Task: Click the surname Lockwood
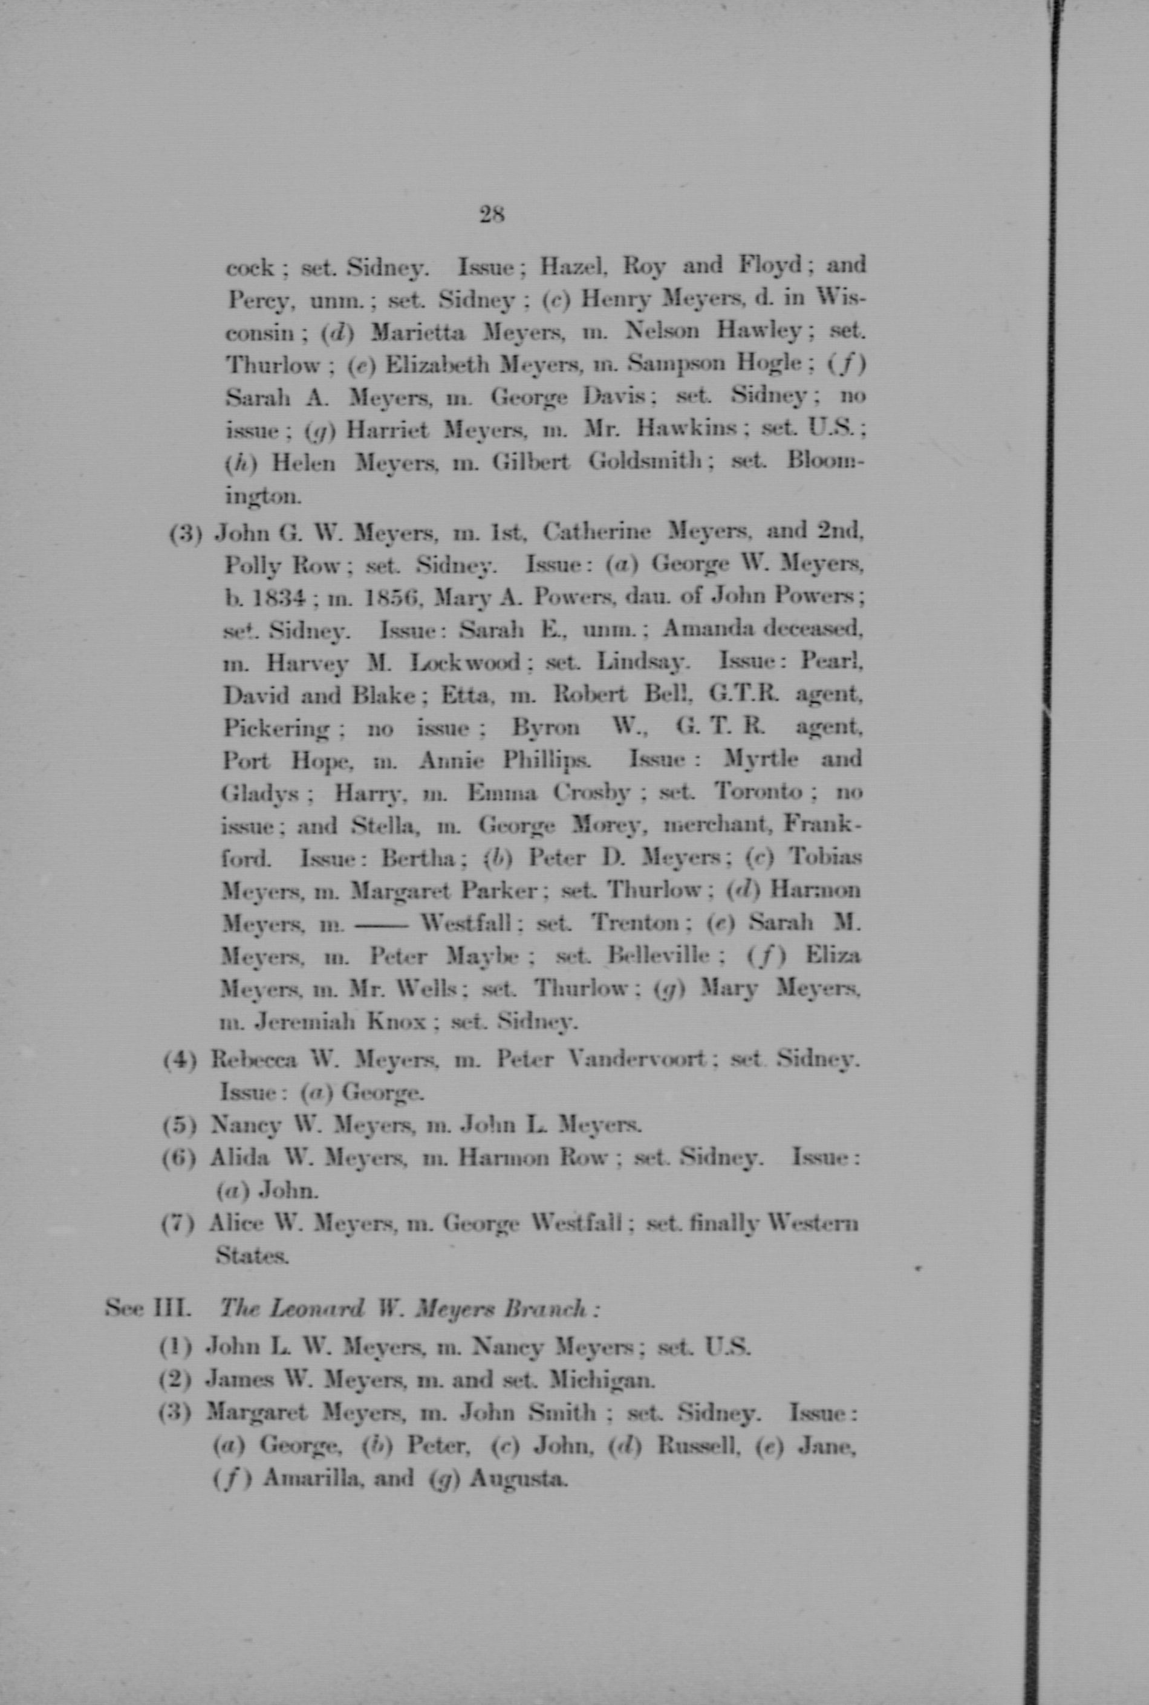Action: [x=466, y=662]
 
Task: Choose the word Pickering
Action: [x=276, y=729]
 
